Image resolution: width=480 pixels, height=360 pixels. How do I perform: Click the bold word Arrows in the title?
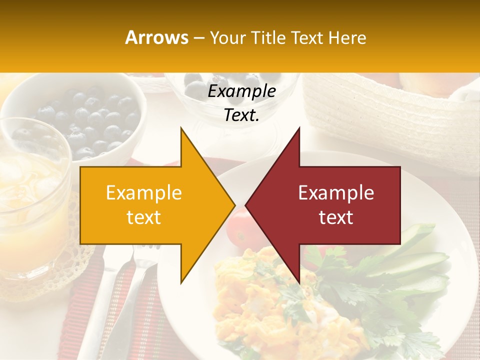click(x=156, y=37)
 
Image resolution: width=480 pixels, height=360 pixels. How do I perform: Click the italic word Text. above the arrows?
click(x=241, y=115)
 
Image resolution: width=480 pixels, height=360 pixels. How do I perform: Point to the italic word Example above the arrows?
click(x=241, y=91)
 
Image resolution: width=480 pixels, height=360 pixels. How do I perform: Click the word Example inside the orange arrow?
click(x=143, y=193)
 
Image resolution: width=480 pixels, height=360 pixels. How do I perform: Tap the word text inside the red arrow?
click(x=336, y=217)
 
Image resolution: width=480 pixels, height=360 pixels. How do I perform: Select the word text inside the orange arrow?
click(x=143, y=217)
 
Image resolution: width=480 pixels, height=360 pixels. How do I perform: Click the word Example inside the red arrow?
click(x=336, y=193)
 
